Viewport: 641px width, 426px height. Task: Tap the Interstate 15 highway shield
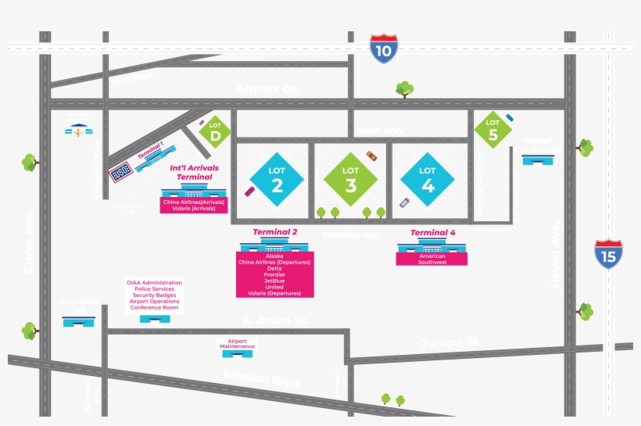pos(608,255)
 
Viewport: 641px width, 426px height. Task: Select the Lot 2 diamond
pos(277,179)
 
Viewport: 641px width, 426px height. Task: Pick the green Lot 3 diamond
pos(351,179)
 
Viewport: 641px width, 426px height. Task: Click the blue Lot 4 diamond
pos(428,179)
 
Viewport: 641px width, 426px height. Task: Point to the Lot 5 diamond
pos(492,129)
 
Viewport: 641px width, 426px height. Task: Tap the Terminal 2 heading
pos(275,232)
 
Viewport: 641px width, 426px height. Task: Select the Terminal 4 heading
pos(432,232)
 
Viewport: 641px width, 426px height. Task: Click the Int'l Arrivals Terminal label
pos(194,172)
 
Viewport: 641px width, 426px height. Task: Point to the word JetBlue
pos(274,281)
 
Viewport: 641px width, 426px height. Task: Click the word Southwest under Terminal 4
pos(432,263)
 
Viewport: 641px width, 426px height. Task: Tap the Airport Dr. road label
pos(267,89)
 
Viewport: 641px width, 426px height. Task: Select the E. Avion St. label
pos(275,320)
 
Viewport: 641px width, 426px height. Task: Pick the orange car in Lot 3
pos(371,156)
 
